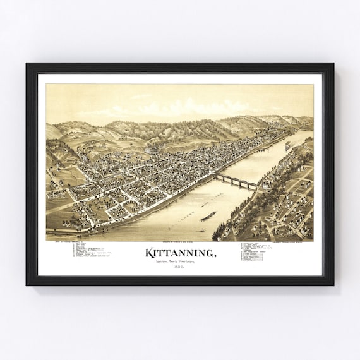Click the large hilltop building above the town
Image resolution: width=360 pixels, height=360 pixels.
pos(152,150)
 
